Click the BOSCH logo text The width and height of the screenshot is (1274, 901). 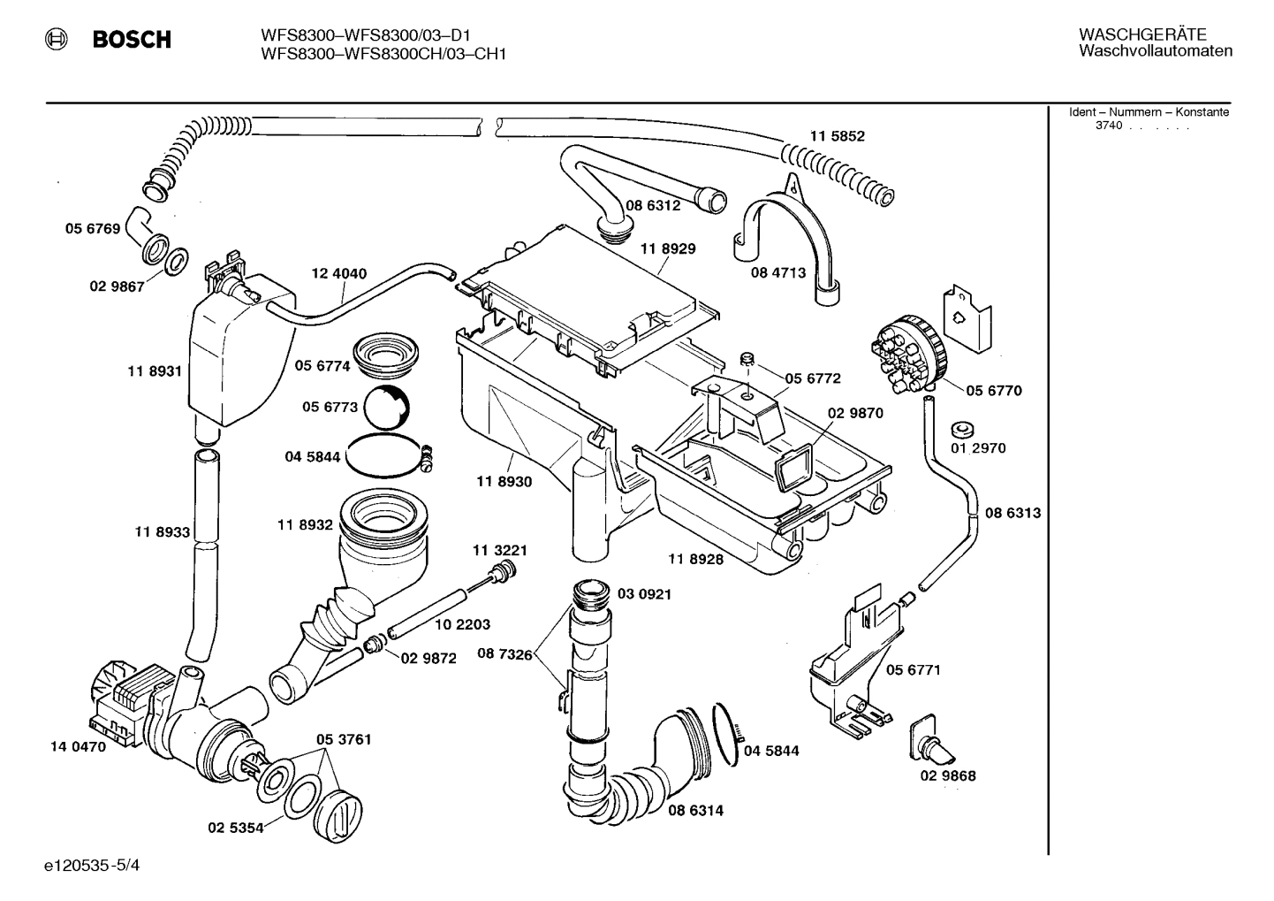coord(132,40)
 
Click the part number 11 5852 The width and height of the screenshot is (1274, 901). coord(837,136)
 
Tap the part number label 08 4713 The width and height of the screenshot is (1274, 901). coord(778,273)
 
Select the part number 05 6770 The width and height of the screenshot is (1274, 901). coord(993,391)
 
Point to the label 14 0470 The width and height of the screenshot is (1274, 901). coord(77,746)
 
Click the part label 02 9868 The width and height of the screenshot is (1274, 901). coord(948,776)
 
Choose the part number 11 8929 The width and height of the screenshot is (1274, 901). coord(668,249)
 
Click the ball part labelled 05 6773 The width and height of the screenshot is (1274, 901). coord(387,409)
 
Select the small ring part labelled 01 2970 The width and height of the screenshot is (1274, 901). coord(962,431)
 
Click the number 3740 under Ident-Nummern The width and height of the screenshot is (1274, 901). coord(1108,126)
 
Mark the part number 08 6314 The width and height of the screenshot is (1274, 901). coord(695,810)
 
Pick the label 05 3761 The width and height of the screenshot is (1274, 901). coord(344,739)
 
